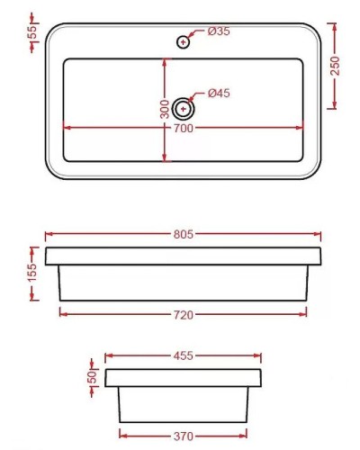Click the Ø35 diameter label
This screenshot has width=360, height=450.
click(219, 31)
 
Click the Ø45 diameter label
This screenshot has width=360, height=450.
click(219, 93)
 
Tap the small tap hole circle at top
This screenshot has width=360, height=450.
click(184, 40)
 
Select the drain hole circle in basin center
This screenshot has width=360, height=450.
click(184, 108)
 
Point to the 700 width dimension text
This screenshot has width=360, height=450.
click(184, 129)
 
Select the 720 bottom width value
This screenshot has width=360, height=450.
click(184, 314)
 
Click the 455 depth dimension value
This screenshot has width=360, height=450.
click(184, 355)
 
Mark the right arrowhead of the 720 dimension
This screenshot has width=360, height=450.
click(304, 313)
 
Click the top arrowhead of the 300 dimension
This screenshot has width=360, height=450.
click(165, 61)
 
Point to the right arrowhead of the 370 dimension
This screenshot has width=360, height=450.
click(246, 435)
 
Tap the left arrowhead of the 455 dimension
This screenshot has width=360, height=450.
click(108, 355)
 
